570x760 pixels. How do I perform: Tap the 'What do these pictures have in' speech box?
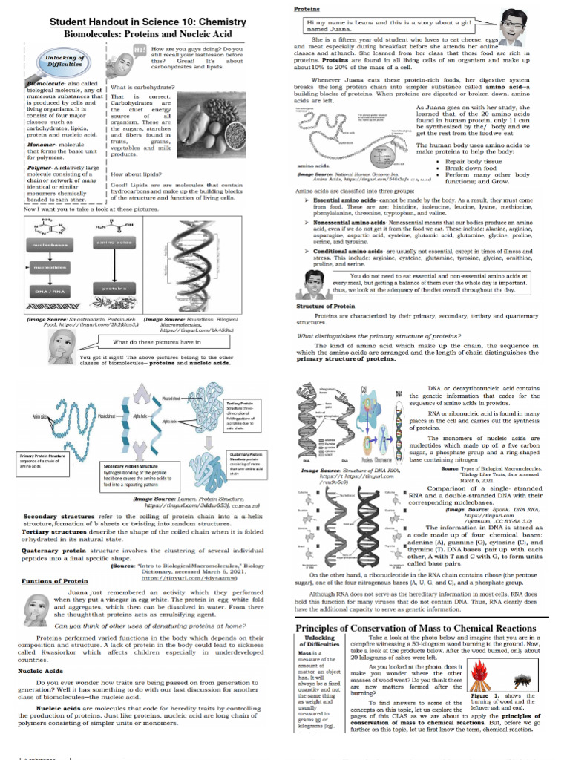coord(157,342)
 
